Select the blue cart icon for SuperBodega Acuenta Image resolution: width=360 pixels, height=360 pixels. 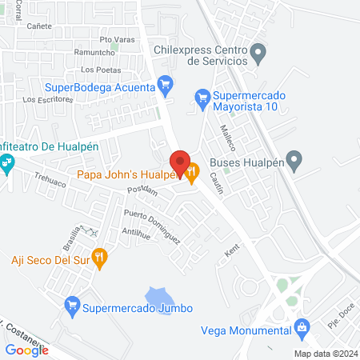(166, 83)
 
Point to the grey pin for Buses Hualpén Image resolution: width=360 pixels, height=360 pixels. (294, 161)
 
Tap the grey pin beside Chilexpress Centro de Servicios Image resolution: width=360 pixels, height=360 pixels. (258, 54)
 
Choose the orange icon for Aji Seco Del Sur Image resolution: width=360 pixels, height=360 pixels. (99, 258)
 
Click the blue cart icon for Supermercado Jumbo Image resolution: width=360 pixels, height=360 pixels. (72, 304)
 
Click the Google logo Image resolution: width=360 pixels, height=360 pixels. (26, 349)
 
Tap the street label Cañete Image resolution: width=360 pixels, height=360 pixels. (39, 26)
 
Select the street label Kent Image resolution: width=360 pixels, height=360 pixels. (231, 252)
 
